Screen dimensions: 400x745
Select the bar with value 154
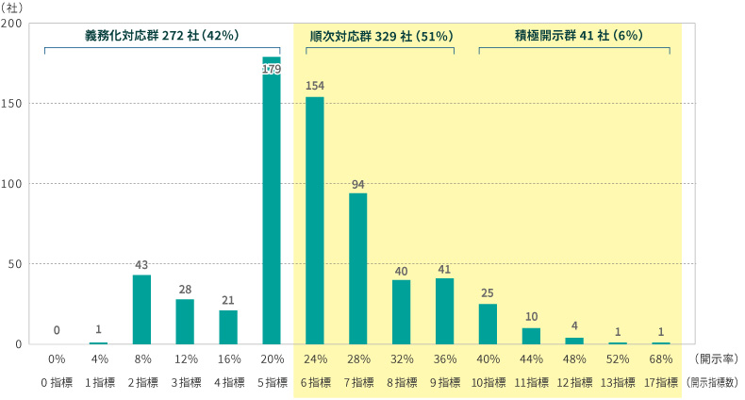[x=315, y=221]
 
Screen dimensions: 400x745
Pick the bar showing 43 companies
[x=141, y=309]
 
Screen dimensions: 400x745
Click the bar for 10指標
[x=488, y=324]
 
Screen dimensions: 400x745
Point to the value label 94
[x=358, y=184]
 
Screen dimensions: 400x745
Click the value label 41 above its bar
[x=444, y=270]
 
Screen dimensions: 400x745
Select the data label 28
[x=185, y=291]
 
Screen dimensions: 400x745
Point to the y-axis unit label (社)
[x=16, y=7]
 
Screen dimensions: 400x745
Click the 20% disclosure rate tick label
[x=272, y=359]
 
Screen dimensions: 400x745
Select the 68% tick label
[x=661, y=359]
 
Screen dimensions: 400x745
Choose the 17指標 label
[x=661, y=382]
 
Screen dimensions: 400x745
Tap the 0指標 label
[x=56, y=382]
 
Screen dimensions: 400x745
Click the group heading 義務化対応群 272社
[x=161, y=35]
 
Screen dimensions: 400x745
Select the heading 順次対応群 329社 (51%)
[x=382, y=35]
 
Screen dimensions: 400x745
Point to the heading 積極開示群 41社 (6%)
[x=574, y=35]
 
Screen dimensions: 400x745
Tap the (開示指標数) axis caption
[x=714, y=382]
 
